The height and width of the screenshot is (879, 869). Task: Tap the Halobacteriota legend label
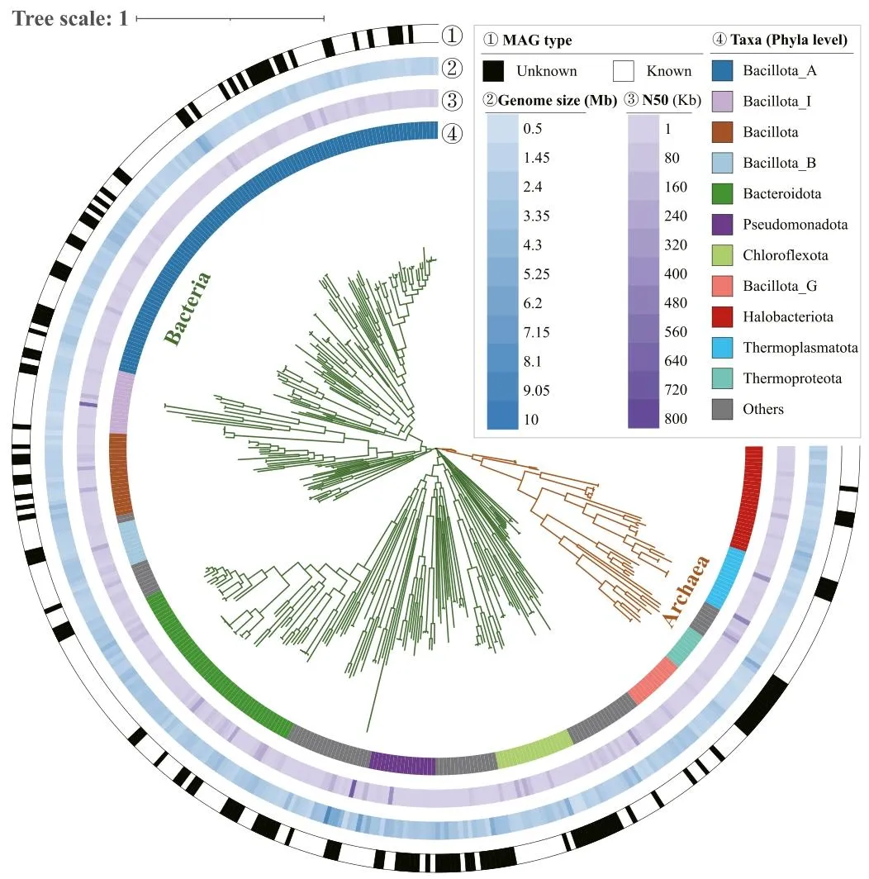click(788, 317)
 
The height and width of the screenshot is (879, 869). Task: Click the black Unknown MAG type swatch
click(493, 71)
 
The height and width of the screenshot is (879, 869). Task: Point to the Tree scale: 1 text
click(70, 18)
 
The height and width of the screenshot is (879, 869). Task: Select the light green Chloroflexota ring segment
click(533, 750)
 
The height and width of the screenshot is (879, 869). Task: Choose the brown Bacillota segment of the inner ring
click(121, 473)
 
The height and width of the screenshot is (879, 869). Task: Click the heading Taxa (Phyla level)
click(781, 40)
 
